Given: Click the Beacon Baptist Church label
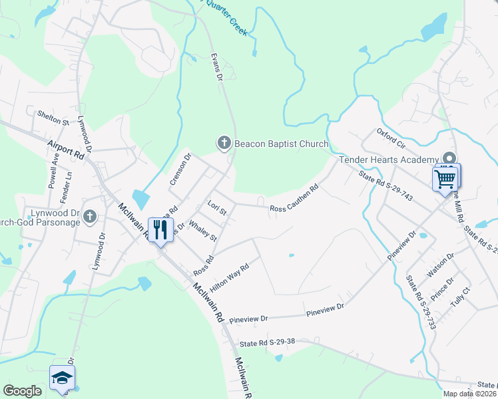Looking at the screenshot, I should (x=280, y=144).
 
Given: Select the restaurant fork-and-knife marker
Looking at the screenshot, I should (x=160, y=230).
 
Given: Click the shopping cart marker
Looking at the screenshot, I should (x=445, y=178).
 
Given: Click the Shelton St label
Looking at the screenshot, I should (x=53, y=118).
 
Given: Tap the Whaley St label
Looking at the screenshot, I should (x=203, y=229).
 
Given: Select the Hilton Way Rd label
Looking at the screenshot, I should (x=229, y=275).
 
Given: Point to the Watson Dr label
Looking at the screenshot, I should (x=440, y=264).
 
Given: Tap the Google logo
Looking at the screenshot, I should (x=22, y=391).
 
